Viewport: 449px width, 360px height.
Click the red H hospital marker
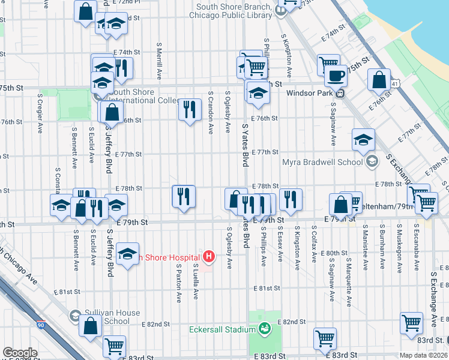[x=208, y=257]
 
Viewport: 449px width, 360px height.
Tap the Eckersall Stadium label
[x=221, y=329]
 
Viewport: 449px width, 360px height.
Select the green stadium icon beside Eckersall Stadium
[x=263, y=328]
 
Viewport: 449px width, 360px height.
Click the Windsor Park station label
[x=309, y=93]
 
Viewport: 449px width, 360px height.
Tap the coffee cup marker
[x=336, y=76]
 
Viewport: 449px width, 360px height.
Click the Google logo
[x=20, y=353]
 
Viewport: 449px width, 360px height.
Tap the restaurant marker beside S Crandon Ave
[x=190, y=110]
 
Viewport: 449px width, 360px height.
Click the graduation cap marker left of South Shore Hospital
[x=127, y=254]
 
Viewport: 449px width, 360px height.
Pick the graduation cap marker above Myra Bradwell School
[x=363, y=140]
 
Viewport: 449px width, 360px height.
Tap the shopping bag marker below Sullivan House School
[x=90, y=327]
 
